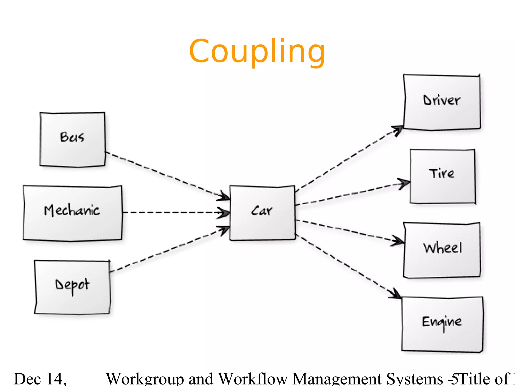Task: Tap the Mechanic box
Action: tap(72, 213)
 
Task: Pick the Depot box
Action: tap(72, 287)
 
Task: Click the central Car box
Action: tap(262, 213)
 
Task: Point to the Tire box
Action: tap(442, 176)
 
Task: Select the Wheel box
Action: tap(442, 250)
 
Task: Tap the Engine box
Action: tap(442, 324)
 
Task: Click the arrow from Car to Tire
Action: tap(352, 194)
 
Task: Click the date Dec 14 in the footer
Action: tap(40, 379)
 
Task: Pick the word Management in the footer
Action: tap(337, 379)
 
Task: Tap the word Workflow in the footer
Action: tap(253, 379)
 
